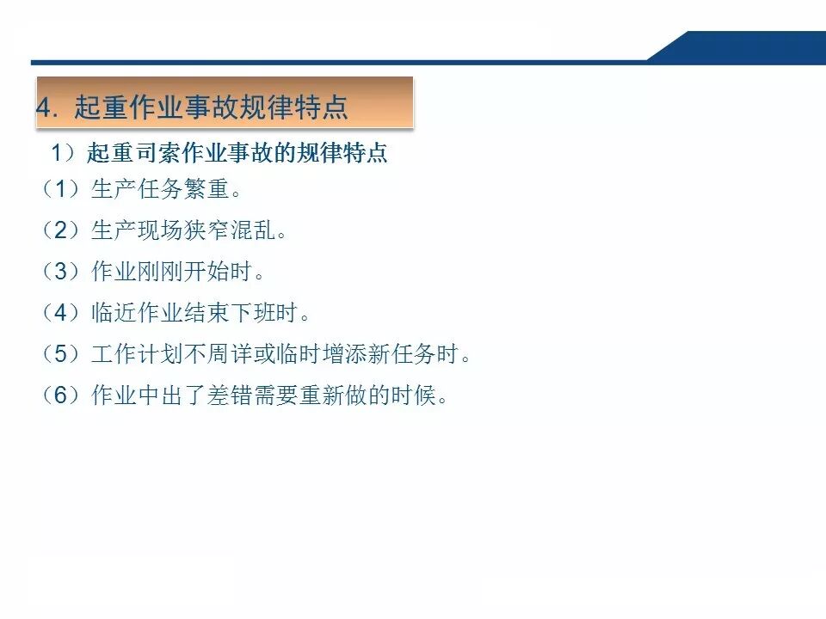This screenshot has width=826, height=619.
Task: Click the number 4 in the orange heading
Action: pyautogui.click(x=43, y=107)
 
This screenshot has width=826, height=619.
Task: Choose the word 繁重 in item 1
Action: pyautogui.click(x=206, y=189)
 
